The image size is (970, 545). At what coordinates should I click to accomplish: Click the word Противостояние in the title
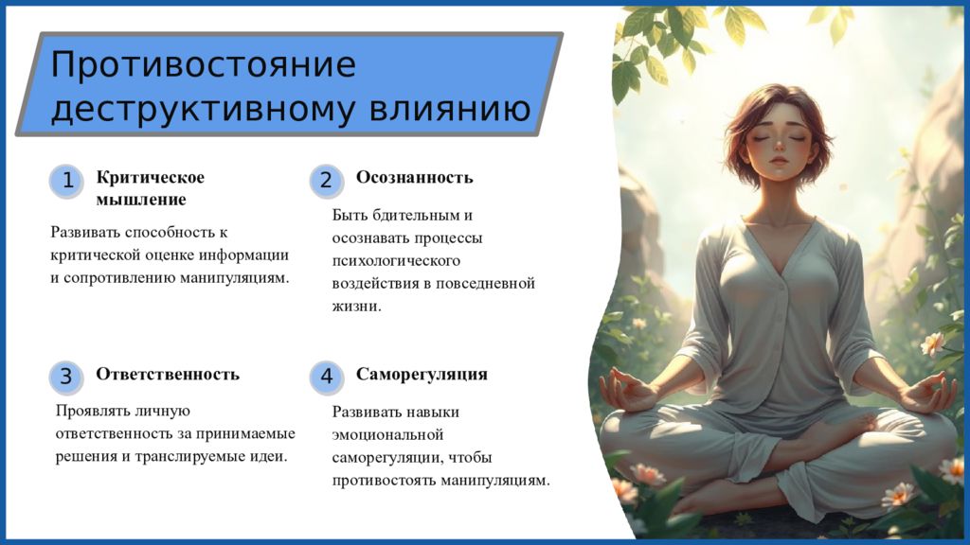tap(203, 64)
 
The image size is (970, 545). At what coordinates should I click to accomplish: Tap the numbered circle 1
tap(66, 181)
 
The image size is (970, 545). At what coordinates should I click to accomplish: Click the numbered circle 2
tap(326, 181)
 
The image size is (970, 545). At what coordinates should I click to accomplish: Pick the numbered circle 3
tap(66, 377)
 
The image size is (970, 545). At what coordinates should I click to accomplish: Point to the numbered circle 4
tap(326, 377)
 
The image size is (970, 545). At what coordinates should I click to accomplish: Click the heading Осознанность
tap(415, 178)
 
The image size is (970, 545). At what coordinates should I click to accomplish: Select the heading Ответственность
tap(168, 375)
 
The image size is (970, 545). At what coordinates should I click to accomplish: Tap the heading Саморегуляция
tap(422, 375)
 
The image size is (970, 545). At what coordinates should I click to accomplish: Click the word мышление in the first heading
tap(141, 200)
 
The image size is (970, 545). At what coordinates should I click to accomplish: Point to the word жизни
tap(357, 307)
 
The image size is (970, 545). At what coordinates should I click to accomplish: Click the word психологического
tap(396, 261)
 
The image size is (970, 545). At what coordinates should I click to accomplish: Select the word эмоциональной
tap(387, 435)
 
